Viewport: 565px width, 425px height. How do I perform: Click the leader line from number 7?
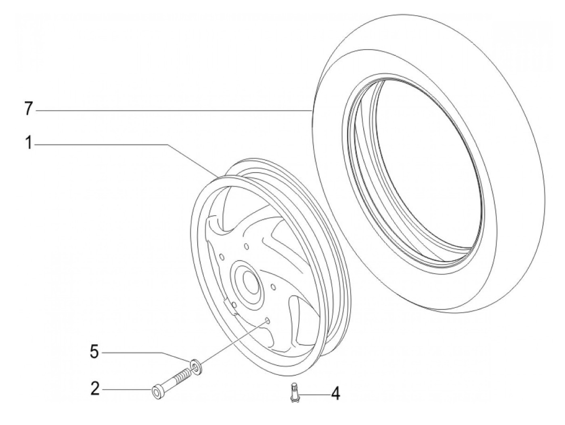point(174,109)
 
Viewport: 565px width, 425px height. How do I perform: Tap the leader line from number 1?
point(121,144)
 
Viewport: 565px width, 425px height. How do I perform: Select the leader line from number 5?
point(145,352)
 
